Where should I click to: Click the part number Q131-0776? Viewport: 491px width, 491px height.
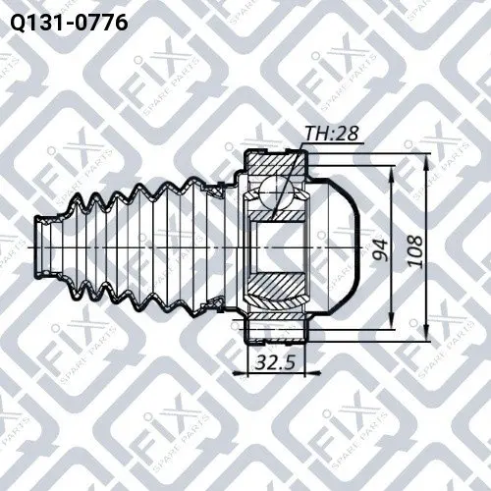click(x=69, y=23)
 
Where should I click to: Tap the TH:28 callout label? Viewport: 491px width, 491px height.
click(x=331, y=134)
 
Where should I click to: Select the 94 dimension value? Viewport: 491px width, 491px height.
click(x=381, y=250)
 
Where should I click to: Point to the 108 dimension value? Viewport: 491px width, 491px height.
click(x=416, y=251)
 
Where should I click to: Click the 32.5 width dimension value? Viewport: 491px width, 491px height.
click(x=275, y=362)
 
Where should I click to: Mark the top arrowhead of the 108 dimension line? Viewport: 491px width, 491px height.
click(x=426, y=161)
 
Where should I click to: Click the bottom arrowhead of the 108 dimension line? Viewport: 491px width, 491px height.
click(x=426, y=333)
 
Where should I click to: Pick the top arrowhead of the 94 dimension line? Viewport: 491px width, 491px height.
click(x=392, y=174)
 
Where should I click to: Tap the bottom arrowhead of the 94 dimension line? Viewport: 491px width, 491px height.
click(x=392, y=321)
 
